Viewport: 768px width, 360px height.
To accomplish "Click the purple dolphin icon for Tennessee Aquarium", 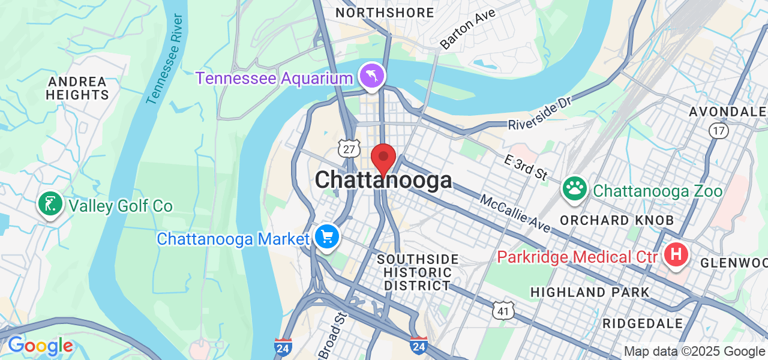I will point(372,76).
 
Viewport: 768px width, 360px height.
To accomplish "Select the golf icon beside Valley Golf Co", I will point(50,205).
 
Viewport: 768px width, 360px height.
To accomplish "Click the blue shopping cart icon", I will point(327,237).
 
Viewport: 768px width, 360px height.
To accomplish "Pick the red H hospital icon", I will point(676,255).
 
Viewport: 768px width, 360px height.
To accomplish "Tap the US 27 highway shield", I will point(349,148).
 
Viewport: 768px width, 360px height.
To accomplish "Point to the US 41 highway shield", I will point(502,309).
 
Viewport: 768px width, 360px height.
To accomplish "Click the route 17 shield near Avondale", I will point(718,130).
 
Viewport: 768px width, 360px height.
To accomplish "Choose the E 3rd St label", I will point(526,166).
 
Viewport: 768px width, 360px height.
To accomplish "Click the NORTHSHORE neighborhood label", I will point(385,13).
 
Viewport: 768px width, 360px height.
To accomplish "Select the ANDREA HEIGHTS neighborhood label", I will point(77,88).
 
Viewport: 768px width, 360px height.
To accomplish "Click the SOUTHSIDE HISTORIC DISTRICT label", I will point(418,272).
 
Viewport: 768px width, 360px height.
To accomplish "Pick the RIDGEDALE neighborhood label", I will point(643,323).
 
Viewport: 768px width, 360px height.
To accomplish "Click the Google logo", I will point(40,346).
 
